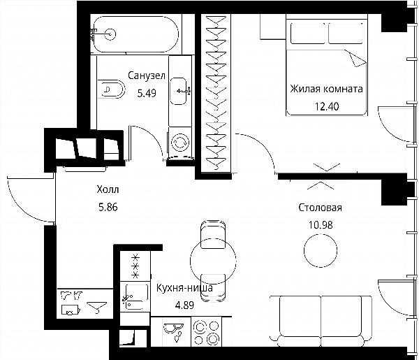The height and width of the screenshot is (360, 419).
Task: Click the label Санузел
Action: point(147,75)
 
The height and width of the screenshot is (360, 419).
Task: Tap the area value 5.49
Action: point(147,94)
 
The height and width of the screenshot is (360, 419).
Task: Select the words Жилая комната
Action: point(327,89)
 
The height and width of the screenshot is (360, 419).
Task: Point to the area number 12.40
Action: point(327,106)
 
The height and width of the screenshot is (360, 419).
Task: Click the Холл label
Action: point(108,189)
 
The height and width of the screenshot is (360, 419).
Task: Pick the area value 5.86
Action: point(108,207)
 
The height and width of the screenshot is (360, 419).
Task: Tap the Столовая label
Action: point(320,208)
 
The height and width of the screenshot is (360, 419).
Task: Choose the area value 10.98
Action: point(321,225)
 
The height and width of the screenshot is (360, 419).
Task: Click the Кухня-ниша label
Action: point(184,288)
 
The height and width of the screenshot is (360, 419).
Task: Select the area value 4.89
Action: point(184,305)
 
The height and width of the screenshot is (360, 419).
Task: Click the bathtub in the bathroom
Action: point(135,34)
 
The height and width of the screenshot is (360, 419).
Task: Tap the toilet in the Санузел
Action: point(111,89)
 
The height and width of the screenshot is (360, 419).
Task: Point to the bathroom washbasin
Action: point(179,91)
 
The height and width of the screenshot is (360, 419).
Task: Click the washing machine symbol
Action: point(180,143)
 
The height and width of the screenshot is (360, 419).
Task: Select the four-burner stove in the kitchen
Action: point(207,332)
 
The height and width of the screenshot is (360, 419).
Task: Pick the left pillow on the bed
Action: point(308,33)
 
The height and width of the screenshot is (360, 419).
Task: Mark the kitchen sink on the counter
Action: point(135,297)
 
